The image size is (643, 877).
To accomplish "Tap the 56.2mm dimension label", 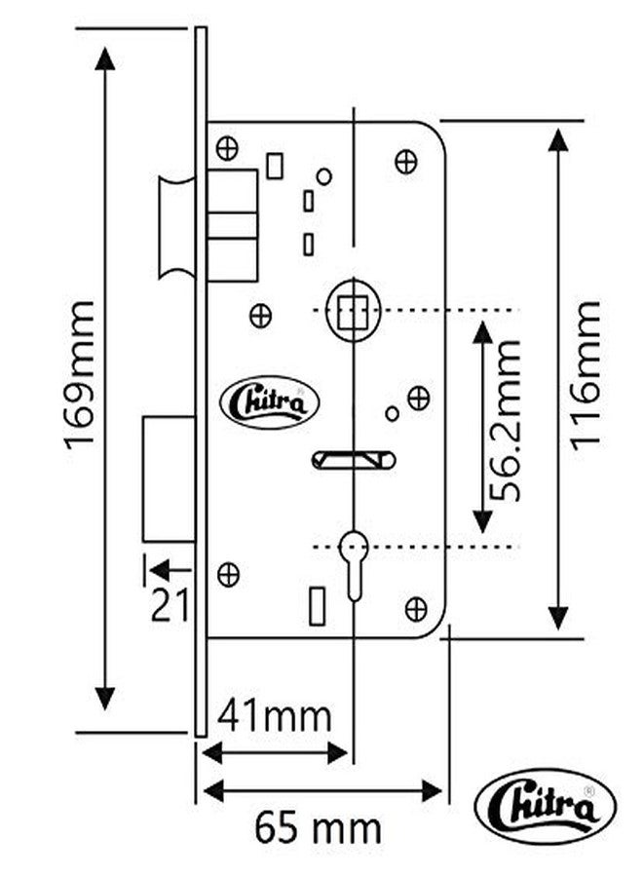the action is pyautogui.click(x=505, y=420).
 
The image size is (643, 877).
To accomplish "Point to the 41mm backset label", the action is pyautogui.click(x=274, y=715).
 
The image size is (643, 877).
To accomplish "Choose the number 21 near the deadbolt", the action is pyautogui.click(x=170, y=605).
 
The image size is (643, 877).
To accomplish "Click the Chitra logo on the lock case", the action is pyautogui.click(x=270, y=402).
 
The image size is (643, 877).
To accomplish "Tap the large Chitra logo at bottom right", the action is pyautogui.click(x=546, y=807).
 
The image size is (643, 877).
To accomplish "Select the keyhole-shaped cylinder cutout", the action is pyautogui.click(x=354, y=565).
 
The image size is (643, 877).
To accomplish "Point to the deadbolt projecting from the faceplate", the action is pyautogui.click(x=169, y=478).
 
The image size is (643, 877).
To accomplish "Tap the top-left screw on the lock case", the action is pyautogui.click(x=227, y=148).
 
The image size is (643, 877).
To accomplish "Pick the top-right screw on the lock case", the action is pyautogui.click(x=406, y=162).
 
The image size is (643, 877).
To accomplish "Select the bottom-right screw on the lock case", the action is pyautogui.click(x=416, y=609).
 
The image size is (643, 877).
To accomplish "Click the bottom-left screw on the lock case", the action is pyautogui.click(x=228, y=574).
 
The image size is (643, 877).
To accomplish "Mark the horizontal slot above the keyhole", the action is pyautogui.click(x=354, y=460).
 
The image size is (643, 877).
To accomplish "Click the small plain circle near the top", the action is pyautogui.click(x=324, y=176).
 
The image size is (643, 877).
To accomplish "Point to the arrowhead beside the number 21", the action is pyautogui.click(x=161, y=570).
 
